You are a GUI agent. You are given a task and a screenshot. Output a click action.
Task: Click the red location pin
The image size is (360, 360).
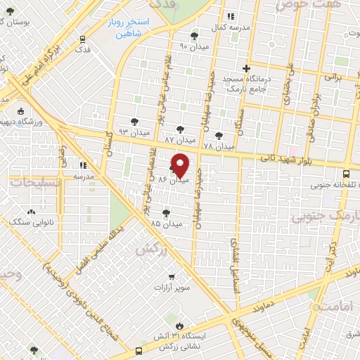tap(181, 166)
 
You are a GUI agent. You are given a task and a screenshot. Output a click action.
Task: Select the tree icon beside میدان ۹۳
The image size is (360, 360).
tap(135, 120)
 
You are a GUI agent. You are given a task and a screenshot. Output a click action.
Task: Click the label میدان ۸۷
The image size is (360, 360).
tap(179, 140)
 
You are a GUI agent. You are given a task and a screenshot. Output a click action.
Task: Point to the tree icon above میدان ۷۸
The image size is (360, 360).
tap(219, 135)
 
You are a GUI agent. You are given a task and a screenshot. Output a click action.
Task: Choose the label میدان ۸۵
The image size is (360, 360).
tap(166, 224)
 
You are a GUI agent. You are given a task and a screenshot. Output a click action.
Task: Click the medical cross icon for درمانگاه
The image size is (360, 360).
tap(245, 69)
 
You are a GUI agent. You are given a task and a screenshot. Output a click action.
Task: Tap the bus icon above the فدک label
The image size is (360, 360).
tap(84, 39)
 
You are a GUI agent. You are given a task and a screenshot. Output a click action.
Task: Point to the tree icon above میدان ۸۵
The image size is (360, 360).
tap(166, 213)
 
